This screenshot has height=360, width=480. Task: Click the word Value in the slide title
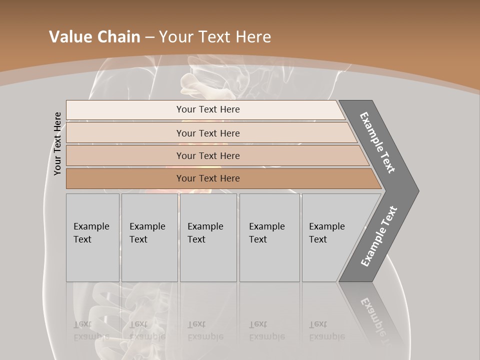pos(70,37)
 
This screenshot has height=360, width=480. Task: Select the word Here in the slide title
pos(252,37)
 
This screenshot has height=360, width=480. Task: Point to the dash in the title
pos(149,37)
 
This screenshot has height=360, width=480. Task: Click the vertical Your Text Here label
pos(57,143)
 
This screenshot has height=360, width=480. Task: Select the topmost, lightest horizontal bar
pos(207,109)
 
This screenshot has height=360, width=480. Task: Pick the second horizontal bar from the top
pos(207,133)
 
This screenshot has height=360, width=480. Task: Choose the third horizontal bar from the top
pos(207,155)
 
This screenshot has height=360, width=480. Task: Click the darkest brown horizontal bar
pos(207,178)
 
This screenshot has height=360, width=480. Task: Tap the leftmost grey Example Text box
pos(92,237)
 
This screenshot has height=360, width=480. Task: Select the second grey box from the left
pos(149,237)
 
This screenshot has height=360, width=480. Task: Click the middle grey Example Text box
pos(208,237)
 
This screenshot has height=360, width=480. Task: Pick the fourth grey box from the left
pos(269,237)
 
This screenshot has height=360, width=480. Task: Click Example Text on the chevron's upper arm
pos(377,142)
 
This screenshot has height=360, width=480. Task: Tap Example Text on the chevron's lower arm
pos(378,236)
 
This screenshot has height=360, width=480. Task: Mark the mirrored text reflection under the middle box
pos(205,330)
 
